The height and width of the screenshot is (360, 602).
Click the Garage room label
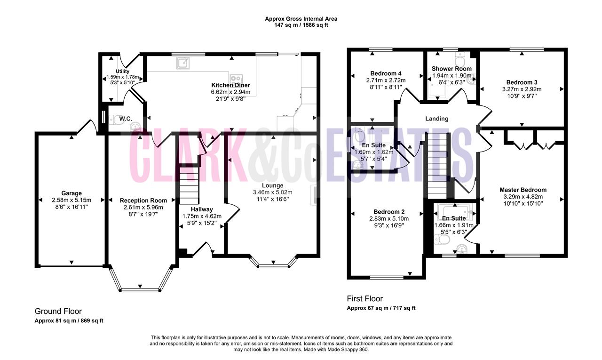coord(71,193)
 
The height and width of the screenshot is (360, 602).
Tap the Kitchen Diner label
coord(230,85)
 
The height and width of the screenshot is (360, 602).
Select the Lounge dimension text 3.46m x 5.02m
coord(272,192)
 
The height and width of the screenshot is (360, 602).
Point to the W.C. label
coord(126,119)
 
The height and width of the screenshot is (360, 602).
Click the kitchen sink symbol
coord(183,63)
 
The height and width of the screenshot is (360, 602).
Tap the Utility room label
coord(122,71)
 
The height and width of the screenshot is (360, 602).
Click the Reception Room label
coord(143,200)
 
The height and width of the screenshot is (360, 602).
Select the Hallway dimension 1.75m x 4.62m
coord(202,216)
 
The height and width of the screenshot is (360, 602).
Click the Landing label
coord(437,119)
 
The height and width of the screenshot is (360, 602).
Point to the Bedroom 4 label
coord(386,73)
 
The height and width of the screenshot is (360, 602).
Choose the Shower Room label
coord(451,69)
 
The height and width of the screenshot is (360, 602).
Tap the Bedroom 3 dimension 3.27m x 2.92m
coord(522,89)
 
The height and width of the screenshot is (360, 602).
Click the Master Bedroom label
coord(523,190)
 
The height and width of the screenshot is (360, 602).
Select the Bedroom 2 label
coord(389,212)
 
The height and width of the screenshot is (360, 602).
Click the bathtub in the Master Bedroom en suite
coord(455,212)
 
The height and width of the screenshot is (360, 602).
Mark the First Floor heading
coord(364,299)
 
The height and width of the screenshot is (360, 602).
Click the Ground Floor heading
coord(58,312)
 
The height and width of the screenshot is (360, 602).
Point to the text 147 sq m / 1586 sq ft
coord(301,25)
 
